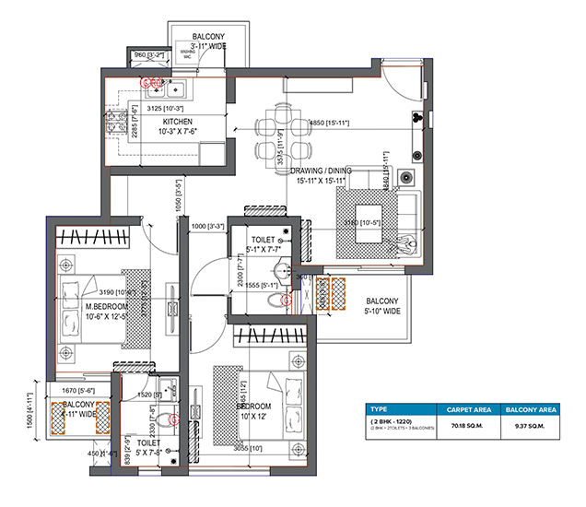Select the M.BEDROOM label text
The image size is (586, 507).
tap(88, 306)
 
